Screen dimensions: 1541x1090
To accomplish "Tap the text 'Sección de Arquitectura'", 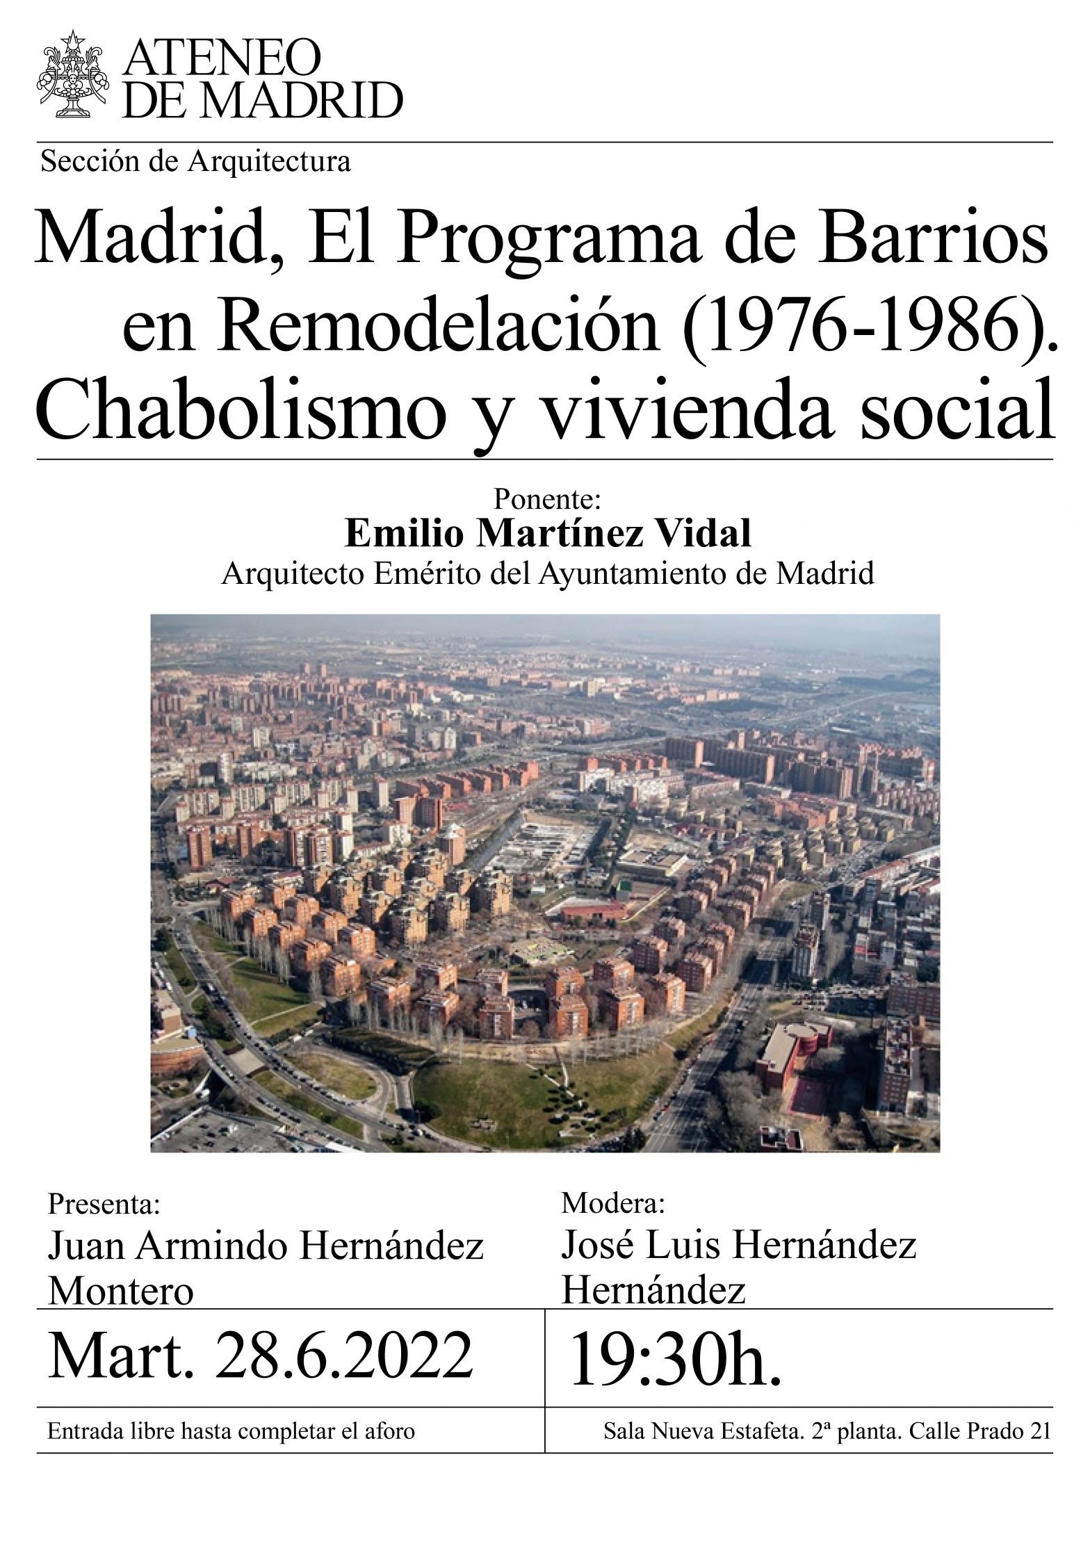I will [195, 162].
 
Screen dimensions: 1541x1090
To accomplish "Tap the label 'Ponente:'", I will [546, 499].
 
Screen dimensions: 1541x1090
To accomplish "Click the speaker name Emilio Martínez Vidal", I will [548, 534].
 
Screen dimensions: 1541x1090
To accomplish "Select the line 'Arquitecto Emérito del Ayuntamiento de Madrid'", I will [547, 574].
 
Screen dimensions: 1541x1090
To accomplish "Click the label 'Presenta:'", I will [104, 1204].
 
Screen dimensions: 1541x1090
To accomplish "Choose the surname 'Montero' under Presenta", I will [120, 1290].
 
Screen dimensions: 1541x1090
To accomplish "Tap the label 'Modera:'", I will [613, 1202].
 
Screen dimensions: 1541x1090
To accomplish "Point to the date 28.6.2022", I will [343, 1357].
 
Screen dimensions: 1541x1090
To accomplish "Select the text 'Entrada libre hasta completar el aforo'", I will [231, 1431].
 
